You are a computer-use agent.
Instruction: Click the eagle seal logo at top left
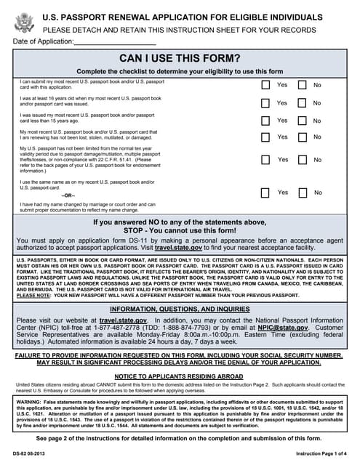click(x=24, y=22)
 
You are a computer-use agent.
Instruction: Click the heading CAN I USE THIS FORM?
click(x=180, y=58)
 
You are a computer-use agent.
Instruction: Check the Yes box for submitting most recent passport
click(x=266, y=85)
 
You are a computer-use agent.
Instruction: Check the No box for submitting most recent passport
click(x=302, y=85)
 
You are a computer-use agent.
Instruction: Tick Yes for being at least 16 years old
click(x=266, y=102)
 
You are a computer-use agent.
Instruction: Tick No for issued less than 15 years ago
click(x=302, y=121)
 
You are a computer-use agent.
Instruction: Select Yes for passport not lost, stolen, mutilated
click(x=266, y=137)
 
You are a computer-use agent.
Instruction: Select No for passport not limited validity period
click(x=302, y=159)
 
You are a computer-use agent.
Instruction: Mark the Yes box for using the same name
click(x=266, y=193)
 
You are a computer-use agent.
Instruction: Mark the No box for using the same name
click(x=302, y=193)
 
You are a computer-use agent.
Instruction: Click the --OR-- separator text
click(x=67, y=195)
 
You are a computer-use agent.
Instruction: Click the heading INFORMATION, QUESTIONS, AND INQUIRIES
click(x=180, y=309)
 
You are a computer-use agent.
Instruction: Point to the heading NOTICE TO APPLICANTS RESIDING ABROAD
click(x=180, y=375)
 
